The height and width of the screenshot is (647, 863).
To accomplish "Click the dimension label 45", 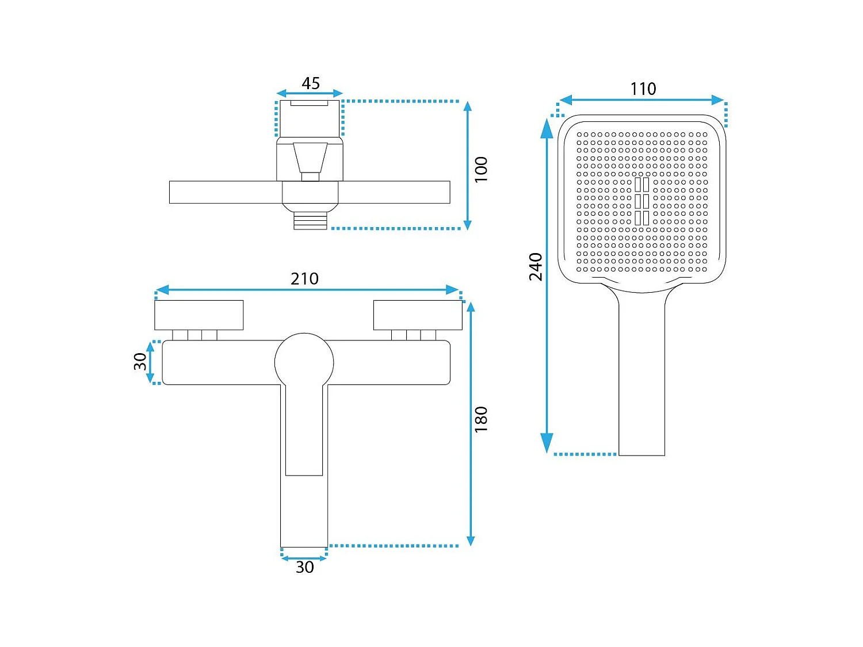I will [311, 83].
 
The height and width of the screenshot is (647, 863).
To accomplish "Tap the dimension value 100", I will [481, 169].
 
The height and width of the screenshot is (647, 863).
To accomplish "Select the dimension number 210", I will [304, 279].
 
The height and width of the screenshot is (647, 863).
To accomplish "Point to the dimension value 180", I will [481, 419].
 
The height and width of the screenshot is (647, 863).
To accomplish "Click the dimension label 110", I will [643, 89].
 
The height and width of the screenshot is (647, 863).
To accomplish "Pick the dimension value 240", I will [536, 267].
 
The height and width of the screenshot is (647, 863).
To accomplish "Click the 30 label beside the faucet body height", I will [140, 362].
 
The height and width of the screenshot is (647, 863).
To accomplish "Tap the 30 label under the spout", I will [304, 568].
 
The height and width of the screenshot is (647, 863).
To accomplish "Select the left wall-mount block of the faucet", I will [198, 315].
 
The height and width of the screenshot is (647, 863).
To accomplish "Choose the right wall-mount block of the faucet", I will [418, 315].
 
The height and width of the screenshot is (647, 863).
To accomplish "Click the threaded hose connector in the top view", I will [310, 221].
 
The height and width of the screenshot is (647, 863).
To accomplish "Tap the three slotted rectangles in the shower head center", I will [642, 201].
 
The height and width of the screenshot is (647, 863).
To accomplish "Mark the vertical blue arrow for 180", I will [471, 424].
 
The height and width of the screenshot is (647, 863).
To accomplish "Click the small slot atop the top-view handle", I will [310, 103].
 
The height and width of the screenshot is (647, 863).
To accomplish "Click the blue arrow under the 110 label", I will [641, 100].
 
